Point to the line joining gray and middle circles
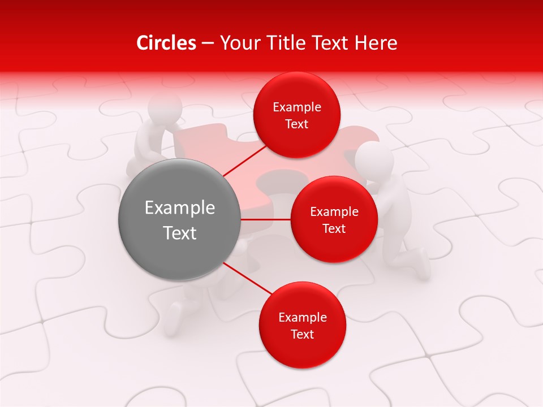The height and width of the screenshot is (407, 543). (265, 219)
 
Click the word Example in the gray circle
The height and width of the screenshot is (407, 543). (180, 208)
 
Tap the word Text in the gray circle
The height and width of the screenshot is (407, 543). (180, 233)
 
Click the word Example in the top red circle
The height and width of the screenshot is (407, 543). (297, 107)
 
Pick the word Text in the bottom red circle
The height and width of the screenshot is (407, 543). (302, 334)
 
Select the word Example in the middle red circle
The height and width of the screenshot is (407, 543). (334, 212)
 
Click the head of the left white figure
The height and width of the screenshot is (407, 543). (165, 106)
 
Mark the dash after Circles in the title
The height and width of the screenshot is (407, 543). (208, 44)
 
